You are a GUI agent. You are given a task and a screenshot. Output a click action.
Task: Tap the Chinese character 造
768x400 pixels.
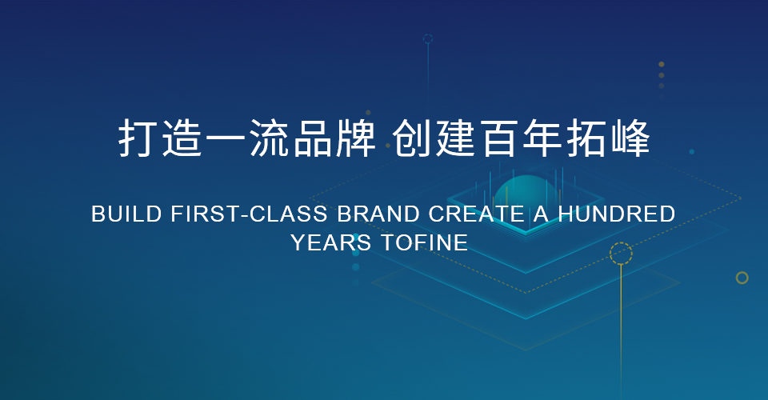click(x=182, y=138)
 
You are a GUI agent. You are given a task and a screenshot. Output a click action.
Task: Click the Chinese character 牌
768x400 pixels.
click(x=356, y=138)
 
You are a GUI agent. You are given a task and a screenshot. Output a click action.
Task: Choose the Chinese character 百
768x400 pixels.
click(x=499, y=138)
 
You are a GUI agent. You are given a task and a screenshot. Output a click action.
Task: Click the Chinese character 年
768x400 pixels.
click(x=542, y=138)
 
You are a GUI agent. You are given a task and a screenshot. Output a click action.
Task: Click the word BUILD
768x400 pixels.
click(x=126, y=214)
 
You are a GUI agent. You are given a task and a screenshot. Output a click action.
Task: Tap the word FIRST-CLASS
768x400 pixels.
click(x=250, y=214)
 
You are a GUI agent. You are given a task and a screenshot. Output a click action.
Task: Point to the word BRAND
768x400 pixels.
click(x=378, y=214)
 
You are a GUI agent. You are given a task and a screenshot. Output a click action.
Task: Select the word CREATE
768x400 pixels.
click(x=477, y=214)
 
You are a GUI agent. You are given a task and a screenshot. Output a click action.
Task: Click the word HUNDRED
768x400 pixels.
click(x=617, y=214)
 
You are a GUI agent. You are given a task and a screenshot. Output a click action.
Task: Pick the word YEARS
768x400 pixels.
click(x=331, y=242)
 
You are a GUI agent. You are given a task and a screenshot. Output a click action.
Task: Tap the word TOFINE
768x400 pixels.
click(x=425, y=242)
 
